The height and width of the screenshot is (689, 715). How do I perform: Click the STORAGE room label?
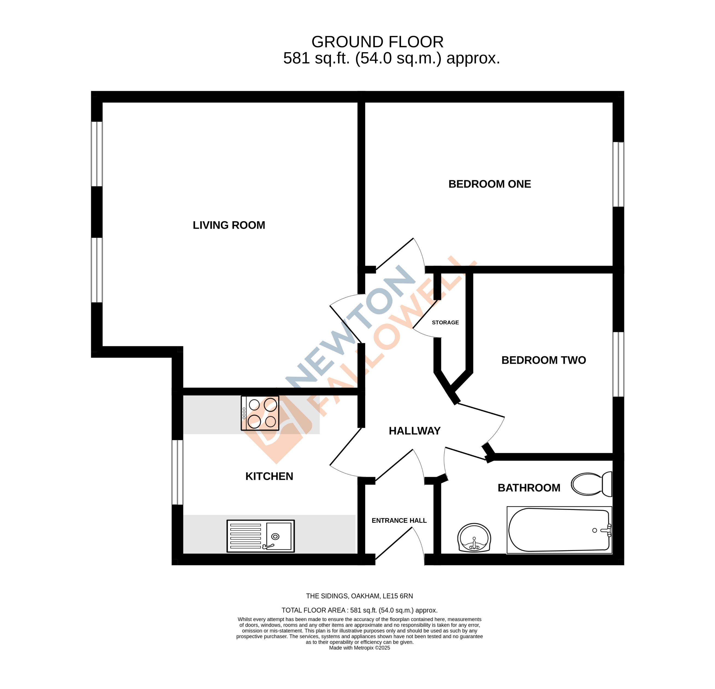(x=445, y=322)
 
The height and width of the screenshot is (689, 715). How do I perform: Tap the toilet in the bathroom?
(x=591, y=484)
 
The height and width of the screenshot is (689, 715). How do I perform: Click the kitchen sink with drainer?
(x=260, y=536)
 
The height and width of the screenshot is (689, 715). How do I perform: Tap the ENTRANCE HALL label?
(x=399, y=520)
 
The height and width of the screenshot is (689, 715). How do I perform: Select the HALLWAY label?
(x=414, y=431)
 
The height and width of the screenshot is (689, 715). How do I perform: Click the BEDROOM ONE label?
(x=490, y=184)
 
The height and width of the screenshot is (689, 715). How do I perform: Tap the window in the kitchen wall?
(x=177, y=472)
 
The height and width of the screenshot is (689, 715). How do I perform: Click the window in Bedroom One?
(x=618, y=174)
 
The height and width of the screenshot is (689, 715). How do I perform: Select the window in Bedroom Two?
(x=618, y=364)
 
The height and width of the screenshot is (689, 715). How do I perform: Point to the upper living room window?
(x=97, y=154)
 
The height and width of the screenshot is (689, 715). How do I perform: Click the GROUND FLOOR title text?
(x=377, y=42)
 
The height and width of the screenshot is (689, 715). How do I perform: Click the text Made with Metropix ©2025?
(x=359, y=648)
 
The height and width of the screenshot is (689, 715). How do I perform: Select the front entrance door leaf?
(x=394, y=543)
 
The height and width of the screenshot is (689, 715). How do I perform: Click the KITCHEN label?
(x=269, y=476)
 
